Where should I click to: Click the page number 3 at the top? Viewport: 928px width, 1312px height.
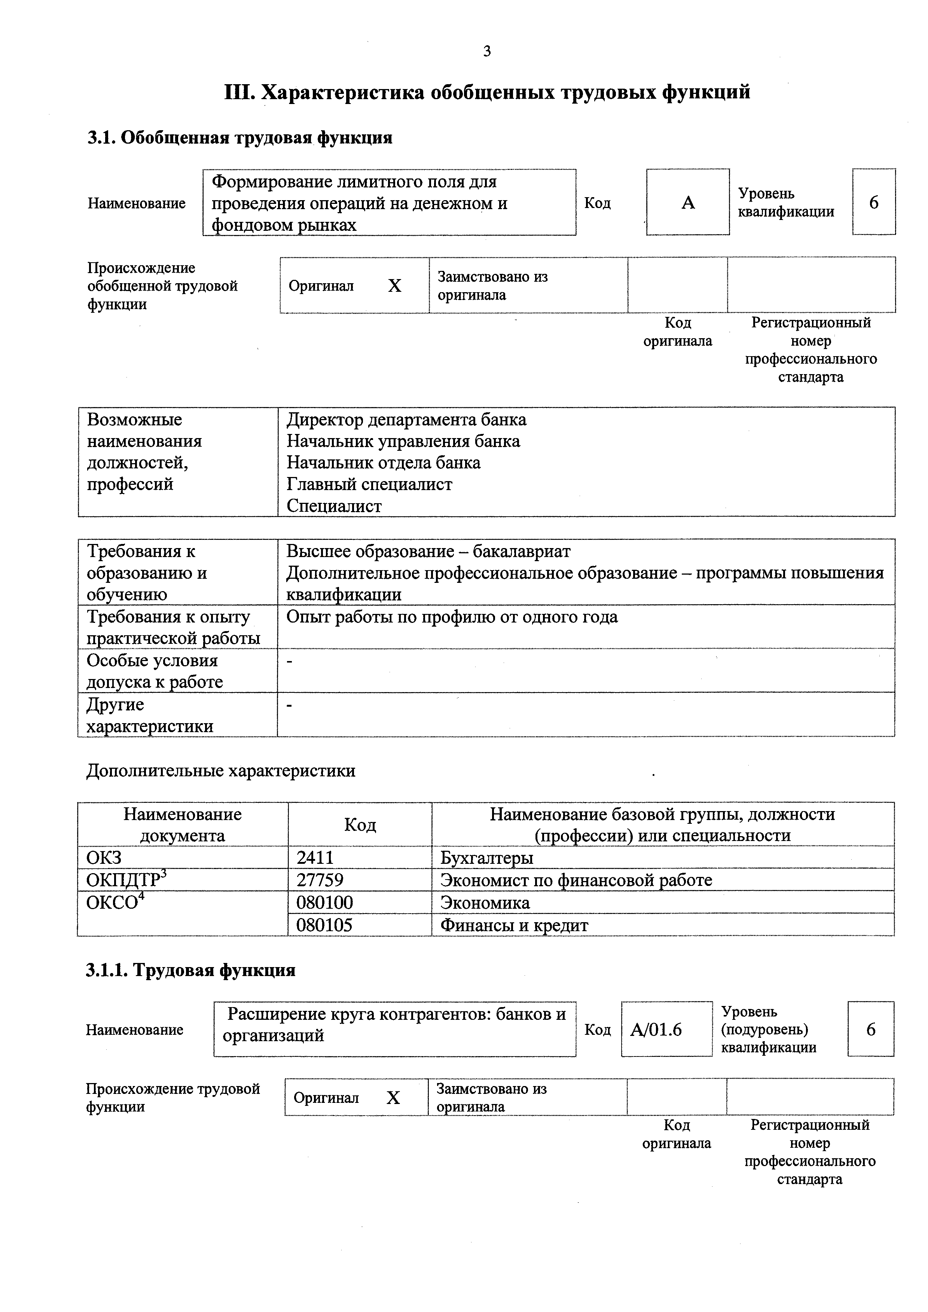click(486, 51)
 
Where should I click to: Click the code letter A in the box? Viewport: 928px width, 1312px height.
click(688, 202)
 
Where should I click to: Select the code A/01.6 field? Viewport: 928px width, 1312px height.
click(656, 1029)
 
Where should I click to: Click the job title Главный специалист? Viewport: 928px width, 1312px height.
click(369, 484)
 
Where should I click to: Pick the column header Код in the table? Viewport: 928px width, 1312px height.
click(360, 825)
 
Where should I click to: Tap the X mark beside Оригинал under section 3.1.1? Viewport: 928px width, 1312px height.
click(393, 1097)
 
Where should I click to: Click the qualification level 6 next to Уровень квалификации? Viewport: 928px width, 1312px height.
click(873, 202)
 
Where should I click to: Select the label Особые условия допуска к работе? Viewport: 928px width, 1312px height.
click(154, 671)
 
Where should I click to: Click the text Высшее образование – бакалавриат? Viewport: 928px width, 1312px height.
click(428, 551)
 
